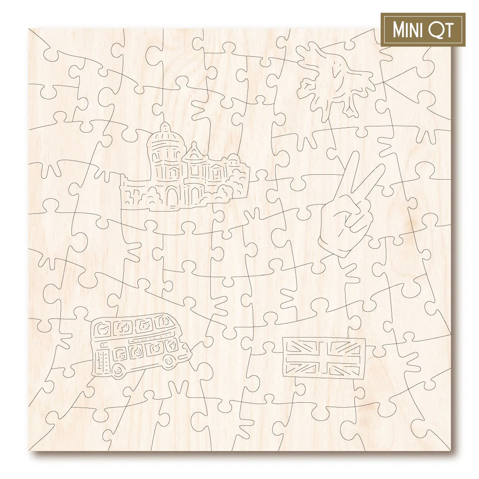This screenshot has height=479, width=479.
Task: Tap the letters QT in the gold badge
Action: point(441,30)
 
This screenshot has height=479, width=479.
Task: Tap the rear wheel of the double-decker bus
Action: point(117,369)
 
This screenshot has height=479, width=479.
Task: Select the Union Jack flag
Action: point(324,358)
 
